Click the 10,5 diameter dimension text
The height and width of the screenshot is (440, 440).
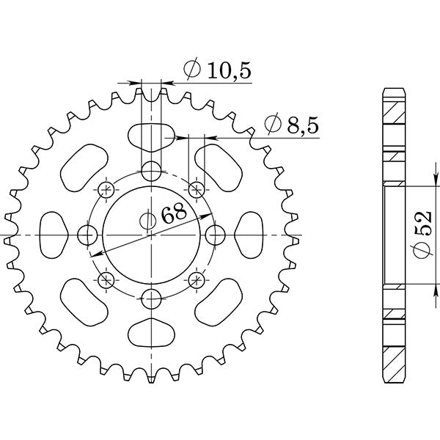tap(219, 70)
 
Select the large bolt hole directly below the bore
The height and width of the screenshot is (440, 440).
tap(151, 298)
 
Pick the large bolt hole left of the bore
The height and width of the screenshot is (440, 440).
tap(88, 235)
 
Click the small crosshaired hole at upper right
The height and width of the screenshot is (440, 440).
tap(196, 190)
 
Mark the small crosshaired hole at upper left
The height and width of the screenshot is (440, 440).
tap(106, 190)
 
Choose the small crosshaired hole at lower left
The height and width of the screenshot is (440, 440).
tap(106, 279)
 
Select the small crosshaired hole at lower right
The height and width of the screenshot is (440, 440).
tap(196, 279)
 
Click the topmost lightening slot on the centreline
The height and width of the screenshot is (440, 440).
tap(151, 135)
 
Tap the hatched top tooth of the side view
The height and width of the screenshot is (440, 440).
tap(393, 110)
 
